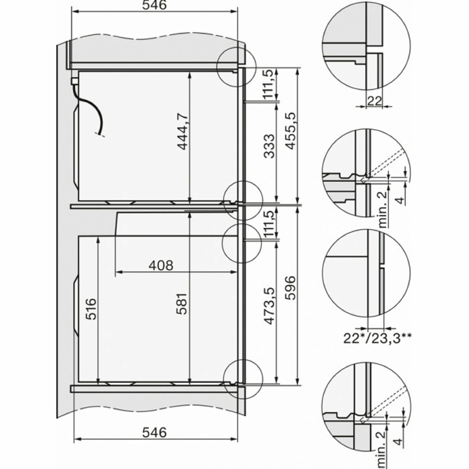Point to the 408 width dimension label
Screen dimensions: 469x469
[x=161, y=265]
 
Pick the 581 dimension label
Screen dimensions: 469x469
[x=183, y=303]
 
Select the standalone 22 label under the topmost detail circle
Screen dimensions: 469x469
[x=375, y=101]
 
